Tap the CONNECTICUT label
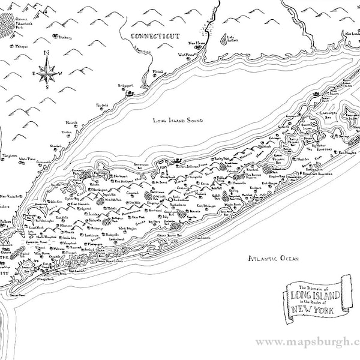(x=155, y=37)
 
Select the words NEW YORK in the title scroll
(x=314, y=310)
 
